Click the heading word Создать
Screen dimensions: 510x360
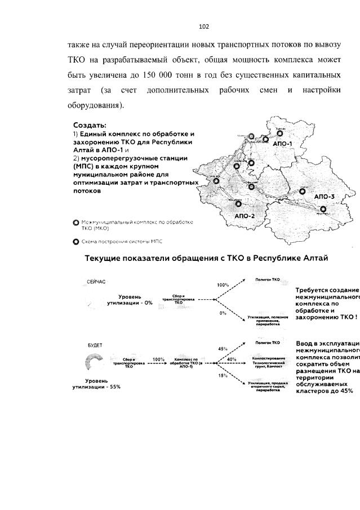[90, 125]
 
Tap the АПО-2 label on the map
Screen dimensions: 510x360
[246, 216]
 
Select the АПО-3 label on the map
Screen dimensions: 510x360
[324, 196]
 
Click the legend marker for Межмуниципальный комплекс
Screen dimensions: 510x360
[76, 224]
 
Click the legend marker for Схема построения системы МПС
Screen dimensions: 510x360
[76, 242]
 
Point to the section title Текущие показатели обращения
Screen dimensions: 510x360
[206, 258]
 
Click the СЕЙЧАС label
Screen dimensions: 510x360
[96, 280]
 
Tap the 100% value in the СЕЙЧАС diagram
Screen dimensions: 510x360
[223, 285]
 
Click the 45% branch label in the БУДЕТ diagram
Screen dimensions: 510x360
[222, 348]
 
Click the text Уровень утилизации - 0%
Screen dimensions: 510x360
[130, 299]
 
